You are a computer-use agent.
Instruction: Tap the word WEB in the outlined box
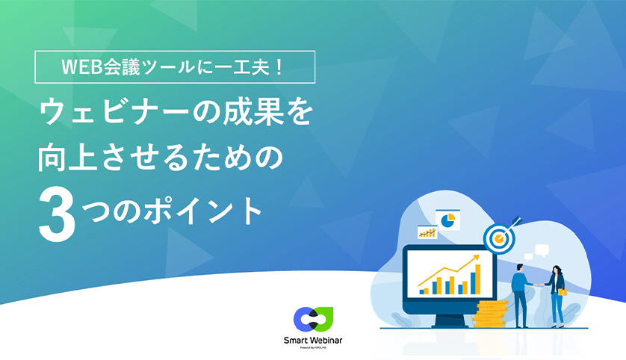tap(78, 67)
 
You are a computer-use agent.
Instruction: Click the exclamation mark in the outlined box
tap(277, 67)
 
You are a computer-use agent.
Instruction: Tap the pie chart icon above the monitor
tap(448, 220)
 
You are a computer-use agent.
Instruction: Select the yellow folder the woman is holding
tap(562, 291)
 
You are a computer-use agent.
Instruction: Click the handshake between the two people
tap(536, 284)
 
